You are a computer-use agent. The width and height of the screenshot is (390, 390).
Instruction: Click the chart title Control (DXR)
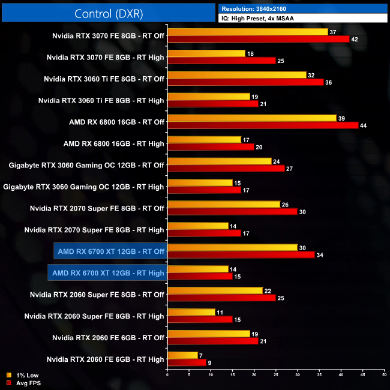tap(109, 14)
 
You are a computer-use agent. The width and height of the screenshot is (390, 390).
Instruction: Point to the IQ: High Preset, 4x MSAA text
tap(260, 19)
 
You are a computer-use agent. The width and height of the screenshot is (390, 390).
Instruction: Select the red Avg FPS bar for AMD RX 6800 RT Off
tap(263, 125)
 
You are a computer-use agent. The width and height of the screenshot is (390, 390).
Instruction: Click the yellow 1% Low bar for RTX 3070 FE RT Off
tap(248, 32)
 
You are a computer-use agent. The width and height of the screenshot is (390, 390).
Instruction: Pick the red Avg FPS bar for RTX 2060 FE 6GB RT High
tap(187, 362)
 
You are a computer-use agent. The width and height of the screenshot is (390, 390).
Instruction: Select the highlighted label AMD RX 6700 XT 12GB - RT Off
tap(109, 251)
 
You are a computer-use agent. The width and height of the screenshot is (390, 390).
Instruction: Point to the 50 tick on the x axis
tap(384, 375)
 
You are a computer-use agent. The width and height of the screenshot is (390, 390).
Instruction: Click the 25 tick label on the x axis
tap(276, 375)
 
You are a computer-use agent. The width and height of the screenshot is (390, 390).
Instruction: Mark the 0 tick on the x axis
tap(167, 375)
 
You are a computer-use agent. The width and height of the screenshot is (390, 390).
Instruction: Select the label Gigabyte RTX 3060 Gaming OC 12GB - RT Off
tap(86, 165)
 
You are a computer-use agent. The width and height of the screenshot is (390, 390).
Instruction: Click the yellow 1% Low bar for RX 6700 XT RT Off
tap(233, 248)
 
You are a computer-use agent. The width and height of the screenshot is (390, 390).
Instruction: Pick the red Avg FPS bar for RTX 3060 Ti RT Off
tap(245, 82)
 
